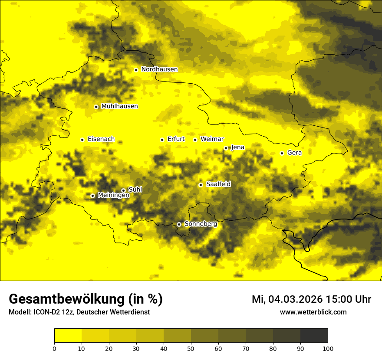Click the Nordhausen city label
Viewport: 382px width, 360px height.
(159, 69)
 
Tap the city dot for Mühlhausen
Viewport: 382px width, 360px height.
(96, 107)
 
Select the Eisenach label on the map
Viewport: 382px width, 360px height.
(101, 139)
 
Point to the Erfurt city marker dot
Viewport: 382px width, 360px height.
(162, 140)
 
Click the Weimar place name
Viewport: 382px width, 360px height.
(212, 139)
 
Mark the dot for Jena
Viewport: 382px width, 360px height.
(226, 148)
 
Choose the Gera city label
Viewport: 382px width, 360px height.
(294, 153)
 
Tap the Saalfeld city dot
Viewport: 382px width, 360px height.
(201, 185)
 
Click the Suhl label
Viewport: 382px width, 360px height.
(135, 190)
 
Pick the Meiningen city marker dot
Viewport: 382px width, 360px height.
(92, 196)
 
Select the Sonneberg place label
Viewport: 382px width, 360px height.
(201, 224)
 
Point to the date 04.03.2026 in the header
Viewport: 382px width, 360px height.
(295, 299)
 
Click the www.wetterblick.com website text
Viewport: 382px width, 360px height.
(313, 312)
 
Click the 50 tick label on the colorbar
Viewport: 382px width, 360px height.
(191, 348)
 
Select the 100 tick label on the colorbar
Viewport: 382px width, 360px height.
(328, 348)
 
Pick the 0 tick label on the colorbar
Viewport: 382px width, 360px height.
(54, 348)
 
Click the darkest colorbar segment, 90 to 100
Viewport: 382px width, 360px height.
(314, 335)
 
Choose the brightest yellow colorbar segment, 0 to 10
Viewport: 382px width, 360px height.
(68, 335)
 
